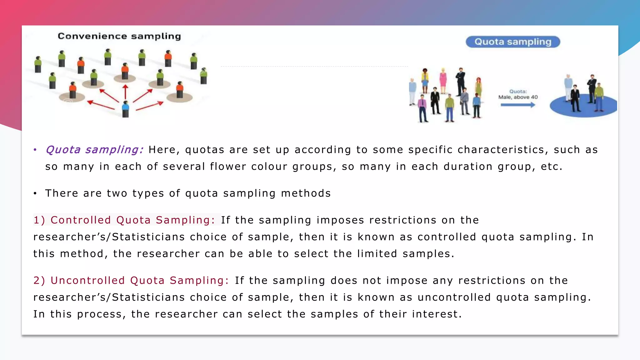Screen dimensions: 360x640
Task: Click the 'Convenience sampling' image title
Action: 119,36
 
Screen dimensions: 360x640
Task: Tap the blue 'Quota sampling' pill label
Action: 512,42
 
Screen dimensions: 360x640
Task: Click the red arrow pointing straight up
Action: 125,92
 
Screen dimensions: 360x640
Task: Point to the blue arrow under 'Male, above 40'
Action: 518,105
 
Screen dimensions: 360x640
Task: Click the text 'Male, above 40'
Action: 518,97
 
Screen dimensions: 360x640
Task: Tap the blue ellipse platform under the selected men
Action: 583,108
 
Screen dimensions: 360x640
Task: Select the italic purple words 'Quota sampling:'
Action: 94,150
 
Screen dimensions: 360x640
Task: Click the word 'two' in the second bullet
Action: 117,193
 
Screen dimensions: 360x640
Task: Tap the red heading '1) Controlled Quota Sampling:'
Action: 124,220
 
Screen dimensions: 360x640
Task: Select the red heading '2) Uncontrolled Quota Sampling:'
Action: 131,280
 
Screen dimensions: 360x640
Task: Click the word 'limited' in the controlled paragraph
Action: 377,253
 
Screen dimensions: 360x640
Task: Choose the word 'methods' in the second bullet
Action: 306,193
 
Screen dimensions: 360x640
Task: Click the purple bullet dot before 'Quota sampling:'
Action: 35,150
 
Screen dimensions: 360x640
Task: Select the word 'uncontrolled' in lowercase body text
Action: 454,297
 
